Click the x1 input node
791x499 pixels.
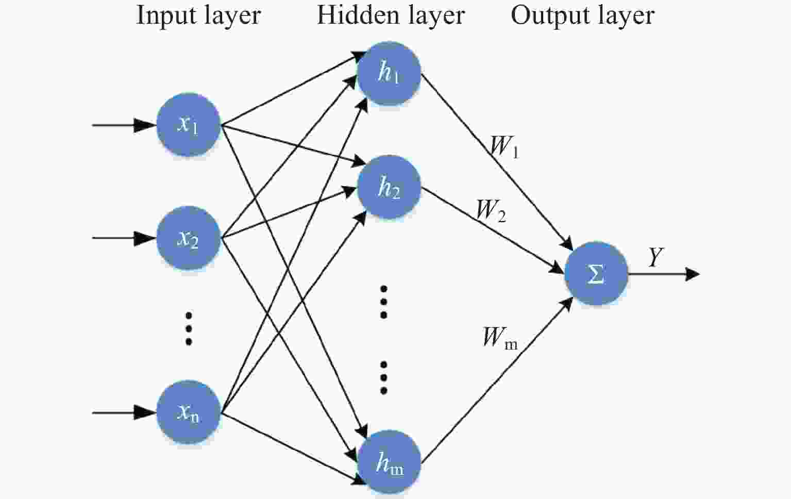tap(188, 125)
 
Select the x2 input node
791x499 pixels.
tap(188, 238)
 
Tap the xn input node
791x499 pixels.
tap(188, 412)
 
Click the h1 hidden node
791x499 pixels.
tap(389, 73)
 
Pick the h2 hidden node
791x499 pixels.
tap(389, 187)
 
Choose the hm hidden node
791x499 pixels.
tap(389, 462)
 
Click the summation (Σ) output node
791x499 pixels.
tap(596, 274)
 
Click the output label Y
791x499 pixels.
tap(655, 257)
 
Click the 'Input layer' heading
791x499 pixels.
tap(198, 15)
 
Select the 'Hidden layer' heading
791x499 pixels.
tap(391, 15)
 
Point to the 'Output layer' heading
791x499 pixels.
tap(582, 15)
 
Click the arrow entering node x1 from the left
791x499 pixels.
tap(124, 125)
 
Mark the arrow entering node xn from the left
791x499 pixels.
tap(124, 412)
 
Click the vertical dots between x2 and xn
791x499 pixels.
tap(189, 328)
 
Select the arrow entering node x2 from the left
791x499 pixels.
tap(124, 238)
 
